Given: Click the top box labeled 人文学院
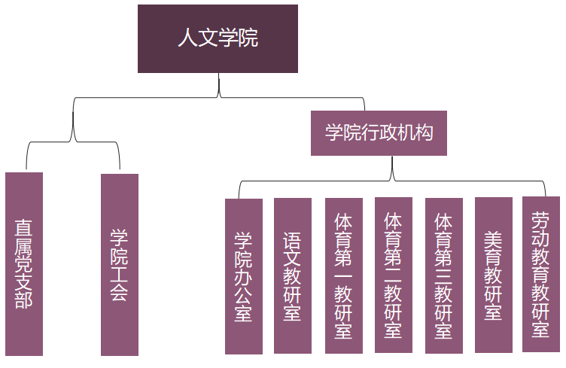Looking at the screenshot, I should (x=218, y=38).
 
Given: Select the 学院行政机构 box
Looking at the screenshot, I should (x=379, y=133).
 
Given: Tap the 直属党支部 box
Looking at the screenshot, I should (x=24, y=263).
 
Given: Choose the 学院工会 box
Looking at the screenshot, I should (x=120, y=264).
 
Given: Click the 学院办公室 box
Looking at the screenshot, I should (x=244, y=276).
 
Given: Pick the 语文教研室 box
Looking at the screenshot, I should (x=293, y=275).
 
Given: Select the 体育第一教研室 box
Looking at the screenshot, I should (x=344, y=275).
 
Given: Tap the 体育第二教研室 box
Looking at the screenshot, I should (x=394, y=275).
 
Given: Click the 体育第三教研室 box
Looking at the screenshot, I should (x=444, y=275).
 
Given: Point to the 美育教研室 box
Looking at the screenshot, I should (x=494, y=275).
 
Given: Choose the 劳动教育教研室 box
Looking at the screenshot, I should (x=541, y=274).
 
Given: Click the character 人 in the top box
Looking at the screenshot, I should (x=187, y=38).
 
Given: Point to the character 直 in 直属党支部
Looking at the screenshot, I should (x=24, y=228).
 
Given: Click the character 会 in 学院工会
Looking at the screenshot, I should (x=120, y=291).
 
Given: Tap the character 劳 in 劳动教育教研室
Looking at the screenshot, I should (x=541, y=220).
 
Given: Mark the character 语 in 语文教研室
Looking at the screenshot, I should (x=293, y=240).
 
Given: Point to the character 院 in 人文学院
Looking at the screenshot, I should (x=248, y=38).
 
